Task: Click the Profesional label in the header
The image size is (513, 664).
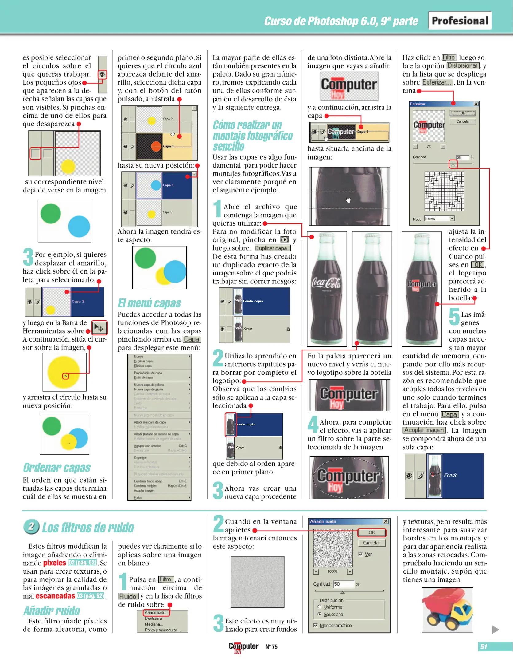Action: point(460,21)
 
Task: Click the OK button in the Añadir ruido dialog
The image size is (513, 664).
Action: point(371,532)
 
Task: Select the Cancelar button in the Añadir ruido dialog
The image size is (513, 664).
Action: point(371,543)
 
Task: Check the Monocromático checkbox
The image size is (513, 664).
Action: point(315,625)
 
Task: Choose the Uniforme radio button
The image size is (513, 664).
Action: point(320,607)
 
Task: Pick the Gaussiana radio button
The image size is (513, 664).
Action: point(320,614)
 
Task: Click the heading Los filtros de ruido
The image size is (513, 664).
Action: point(87,528)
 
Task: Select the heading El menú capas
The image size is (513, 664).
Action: point(149,303)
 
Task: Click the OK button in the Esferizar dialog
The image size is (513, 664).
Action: point(463,113)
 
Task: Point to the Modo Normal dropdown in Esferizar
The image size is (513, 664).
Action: point(439,219)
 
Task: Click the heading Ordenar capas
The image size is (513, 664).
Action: point(57,468)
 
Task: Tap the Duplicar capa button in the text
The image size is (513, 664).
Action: point(272,248)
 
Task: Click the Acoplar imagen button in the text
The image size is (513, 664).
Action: point(424,430)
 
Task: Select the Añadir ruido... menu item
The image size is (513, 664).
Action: point(156,613)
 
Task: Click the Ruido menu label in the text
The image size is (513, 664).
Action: point(128,596)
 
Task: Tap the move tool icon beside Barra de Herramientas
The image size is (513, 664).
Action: point(99,328)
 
